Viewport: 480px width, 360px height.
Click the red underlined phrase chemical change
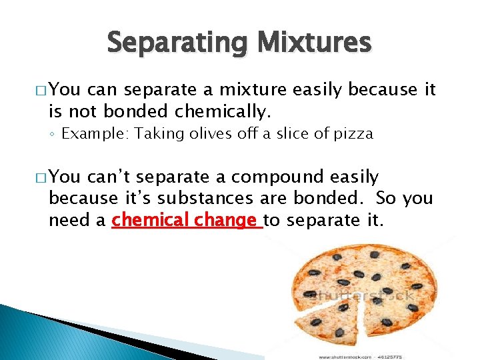pos(187,219)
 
